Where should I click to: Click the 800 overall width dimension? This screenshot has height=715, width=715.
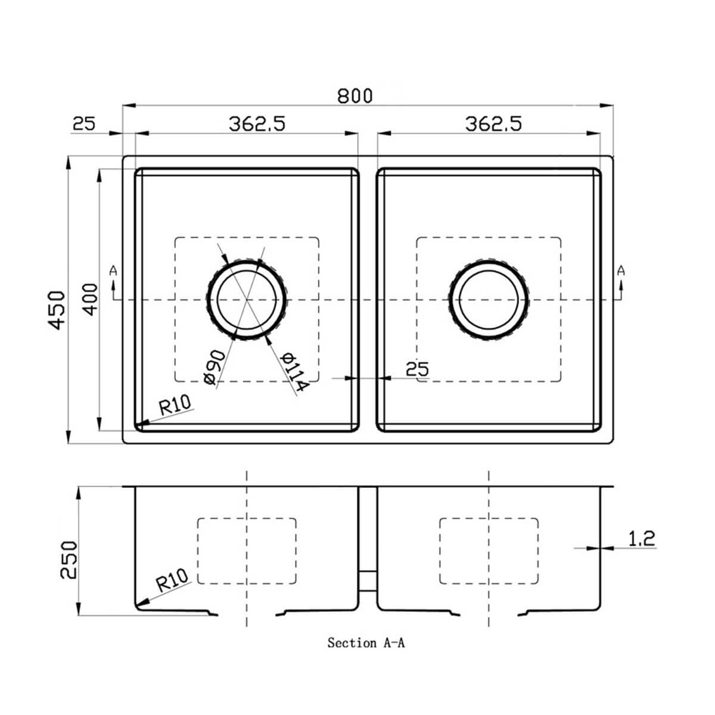pyautogui.click(x=355, y=95)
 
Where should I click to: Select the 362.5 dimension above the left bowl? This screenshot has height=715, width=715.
pyautogui.click(x=257, y=123)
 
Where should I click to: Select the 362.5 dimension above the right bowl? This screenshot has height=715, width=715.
pyautogui.click(x=493, y=123)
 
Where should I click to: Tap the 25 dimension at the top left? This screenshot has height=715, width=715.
pyautogui.click(x=84, y=123)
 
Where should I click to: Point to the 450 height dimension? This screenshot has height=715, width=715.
pyautogui.click(x=57, y=310)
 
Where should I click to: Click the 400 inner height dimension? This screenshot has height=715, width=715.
pyautogui.click(x=89, y=299)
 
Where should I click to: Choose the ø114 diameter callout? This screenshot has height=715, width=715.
pyautogui.click(x=294, y=372)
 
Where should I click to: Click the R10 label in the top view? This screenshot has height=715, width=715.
pyautogui.click(x=175, y=406)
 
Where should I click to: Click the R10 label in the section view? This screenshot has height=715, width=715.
pyautogui.click(x=172, y=579)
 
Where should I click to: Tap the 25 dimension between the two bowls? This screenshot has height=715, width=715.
pyautogui.click(x=416, y=369)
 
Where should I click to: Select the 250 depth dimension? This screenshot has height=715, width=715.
pyautogui.click(x=69, y=559)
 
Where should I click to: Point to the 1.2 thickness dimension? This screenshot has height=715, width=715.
pyautogui.click(x=642, y=539)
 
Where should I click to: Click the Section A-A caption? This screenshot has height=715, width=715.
pyautogui.click(x=366, y=643)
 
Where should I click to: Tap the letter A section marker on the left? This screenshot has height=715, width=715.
pyautogui.click(x=114, y=271)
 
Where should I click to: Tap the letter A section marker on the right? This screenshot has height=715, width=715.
pyautogui.click(x=621, y=271)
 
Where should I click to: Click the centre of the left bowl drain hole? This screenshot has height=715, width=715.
pyautogui.click(x=247, y=300)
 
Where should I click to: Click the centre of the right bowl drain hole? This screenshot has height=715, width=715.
pyautogui.click(x=489, y=300)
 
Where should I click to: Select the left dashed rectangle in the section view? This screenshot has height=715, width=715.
pyautogui.click(x=247, y=551)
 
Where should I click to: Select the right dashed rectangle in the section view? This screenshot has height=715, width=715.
pyautogui.click(x=489, y=551)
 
